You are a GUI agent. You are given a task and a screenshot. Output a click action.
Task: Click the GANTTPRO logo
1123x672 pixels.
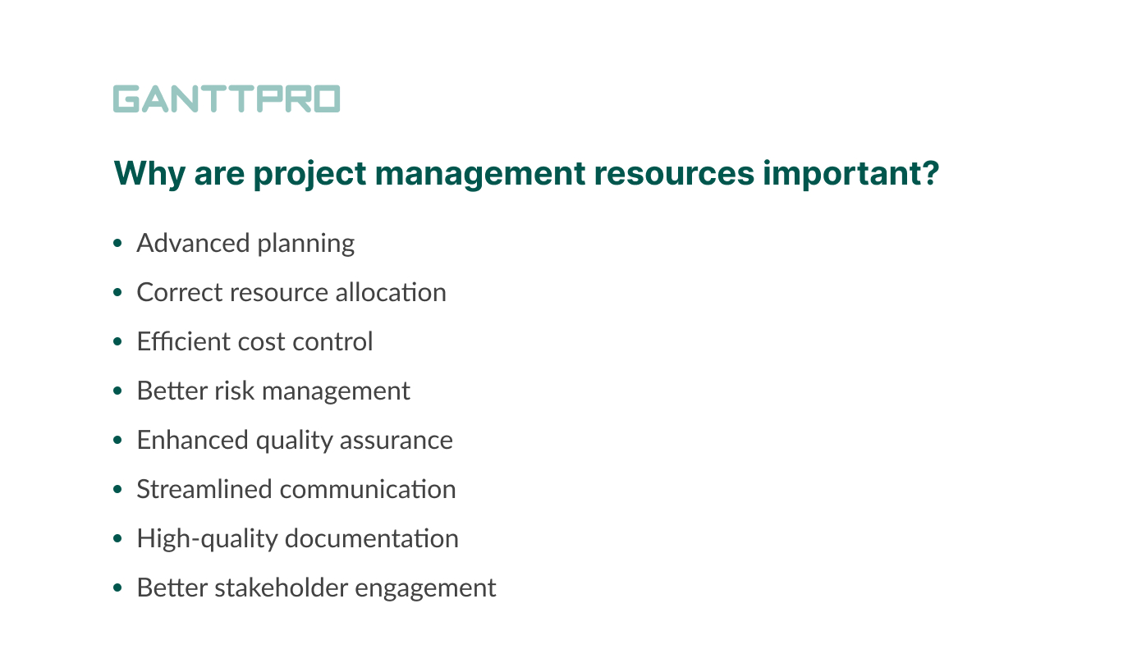click(x=226, y=98)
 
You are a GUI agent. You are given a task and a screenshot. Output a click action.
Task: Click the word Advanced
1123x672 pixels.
click(x=193, y=243)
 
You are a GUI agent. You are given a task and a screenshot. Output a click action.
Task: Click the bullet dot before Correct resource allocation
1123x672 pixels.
click(x=118, y=293)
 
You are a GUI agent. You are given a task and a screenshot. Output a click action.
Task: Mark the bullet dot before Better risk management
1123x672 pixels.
click(x=118, y=391)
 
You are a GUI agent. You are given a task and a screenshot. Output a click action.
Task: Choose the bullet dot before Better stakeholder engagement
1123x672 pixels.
click(x=118, y=588)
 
